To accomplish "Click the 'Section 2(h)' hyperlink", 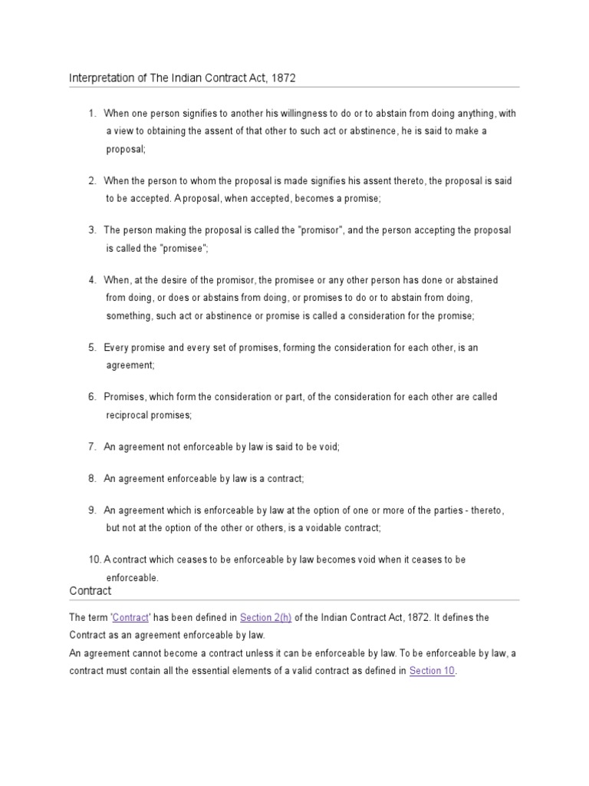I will click(265, 617).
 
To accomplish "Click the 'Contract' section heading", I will click(90, 591).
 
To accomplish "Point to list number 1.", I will click(91, 114).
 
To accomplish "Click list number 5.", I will click(91, 348).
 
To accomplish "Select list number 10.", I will click(94, 560).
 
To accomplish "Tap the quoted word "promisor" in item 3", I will click(328, 230).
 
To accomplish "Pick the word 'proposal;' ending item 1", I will click(125, 149).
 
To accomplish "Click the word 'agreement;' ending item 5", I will click(130, 365).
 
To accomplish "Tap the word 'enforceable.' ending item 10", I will click(132, 577).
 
